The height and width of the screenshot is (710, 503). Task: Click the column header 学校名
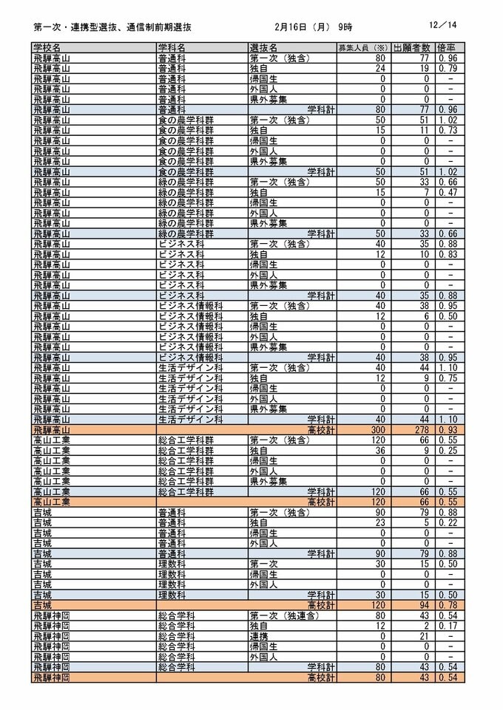50,47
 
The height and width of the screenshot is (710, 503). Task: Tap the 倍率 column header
449,47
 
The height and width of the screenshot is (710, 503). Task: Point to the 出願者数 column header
411,47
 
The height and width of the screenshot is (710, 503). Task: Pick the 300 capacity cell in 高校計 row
378,429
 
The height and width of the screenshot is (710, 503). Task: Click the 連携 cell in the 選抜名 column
258,636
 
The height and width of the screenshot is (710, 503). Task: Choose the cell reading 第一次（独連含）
283,615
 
